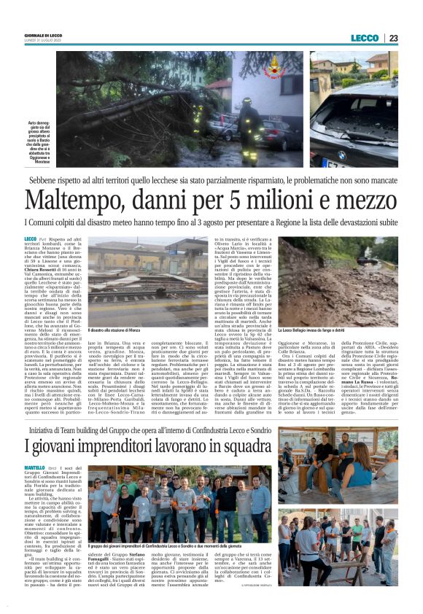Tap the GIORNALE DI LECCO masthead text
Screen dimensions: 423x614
tap(43, 35)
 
